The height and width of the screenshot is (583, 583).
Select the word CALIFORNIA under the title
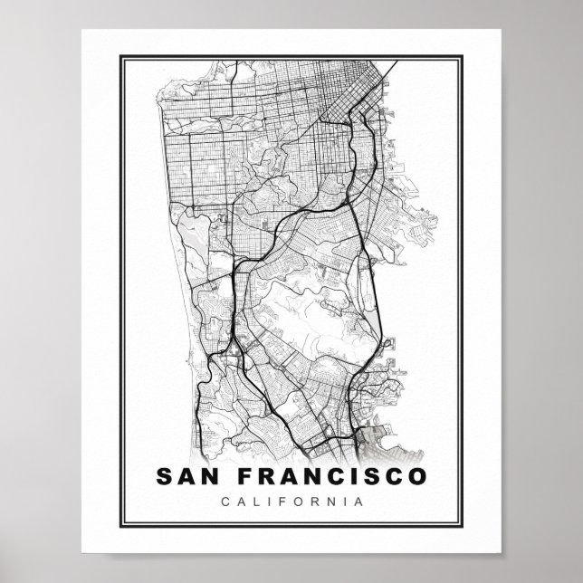coord(291,501)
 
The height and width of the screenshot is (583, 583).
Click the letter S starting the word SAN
coord(164,475)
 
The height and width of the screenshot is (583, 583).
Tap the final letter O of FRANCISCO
coord(416,475)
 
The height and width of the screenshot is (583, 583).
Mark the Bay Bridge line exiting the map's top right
coord(389,72)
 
